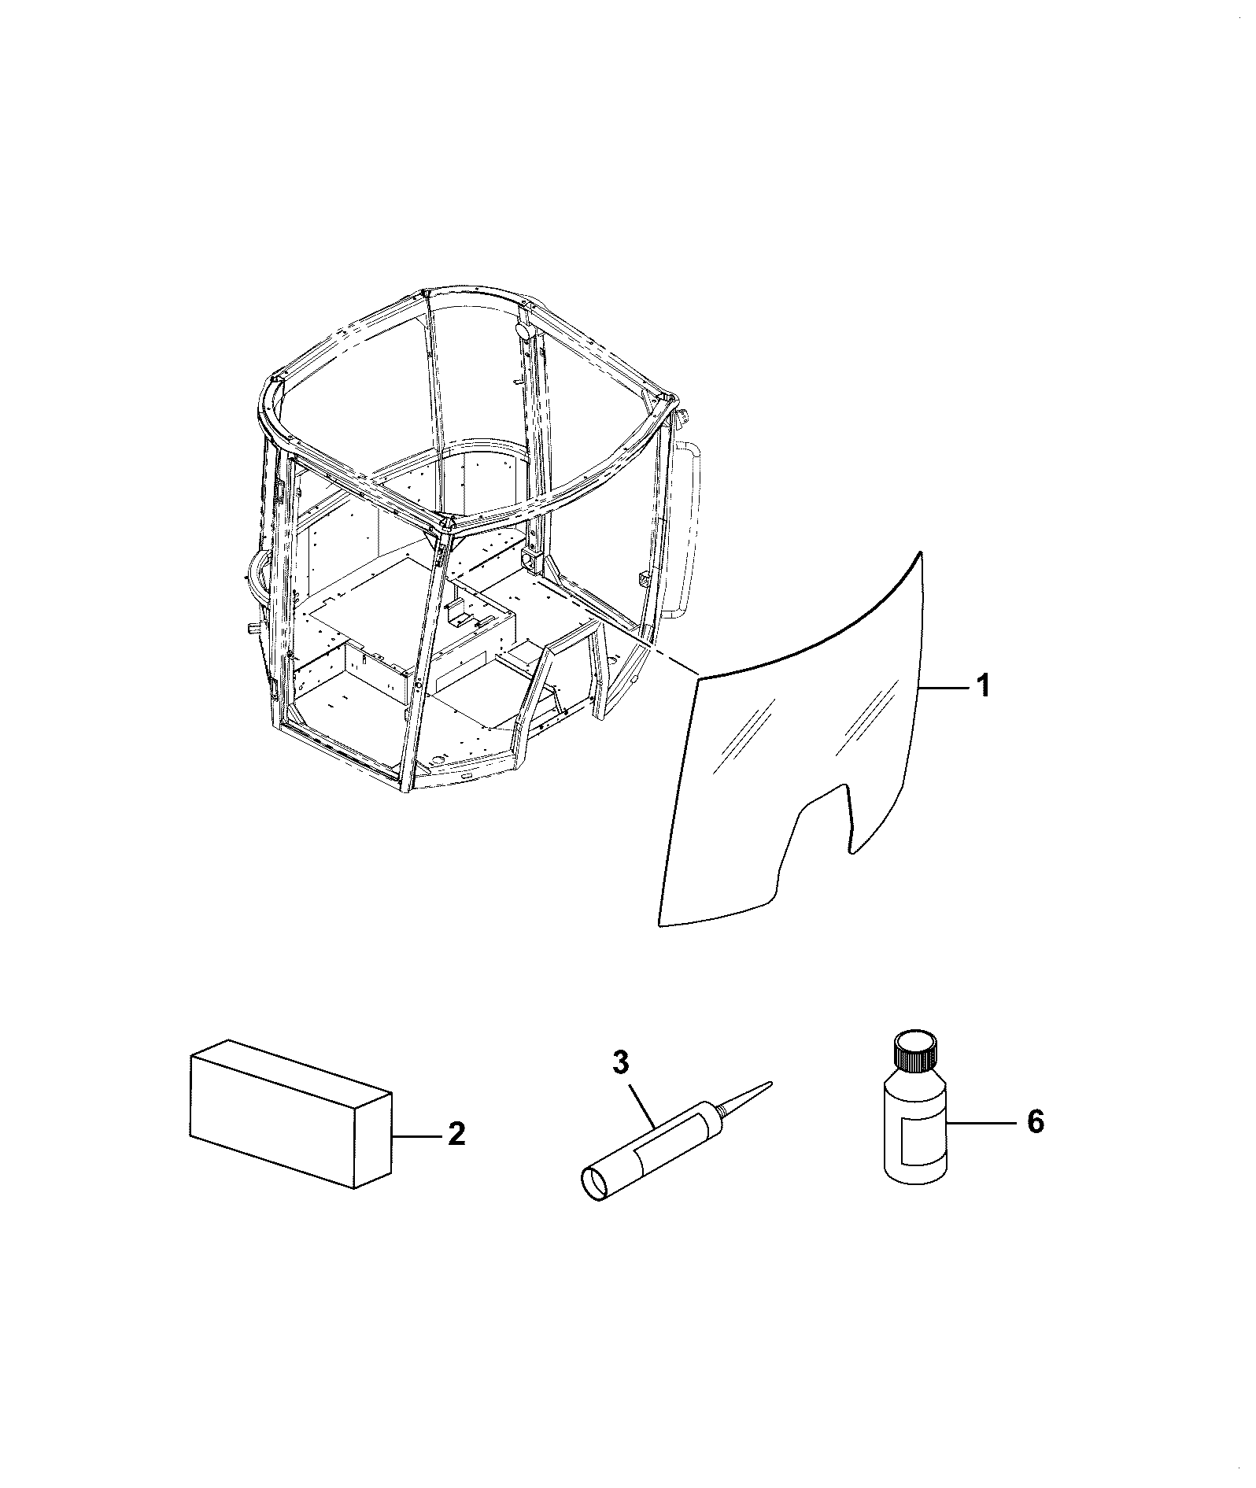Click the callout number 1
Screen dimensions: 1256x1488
pos(983,686)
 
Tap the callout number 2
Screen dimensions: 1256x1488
pos(456,1135)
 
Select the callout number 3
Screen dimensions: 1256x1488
pos(621,1062)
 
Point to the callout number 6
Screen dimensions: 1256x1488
pos(1036,1121)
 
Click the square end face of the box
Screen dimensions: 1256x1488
pos(373,1150)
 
